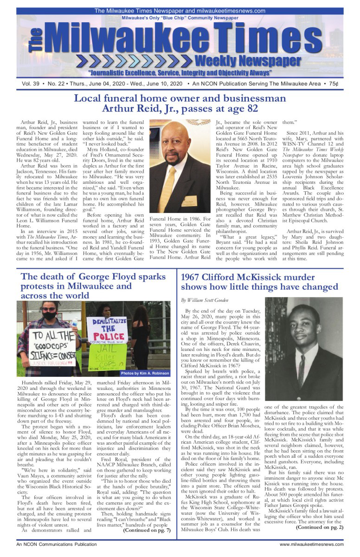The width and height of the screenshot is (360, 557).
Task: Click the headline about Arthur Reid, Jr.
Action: [180, 104]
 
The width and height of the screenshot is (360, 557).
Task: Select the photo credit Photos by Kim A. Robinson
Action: [145, 373]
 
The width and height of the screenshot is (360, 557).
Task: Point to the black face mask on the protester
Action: [49, 315]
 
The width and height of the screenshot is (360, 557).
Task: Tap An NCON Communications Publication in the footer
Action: [53, 544]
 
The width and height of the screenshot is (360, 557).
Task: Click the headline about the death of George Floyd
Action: [93, 286]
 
